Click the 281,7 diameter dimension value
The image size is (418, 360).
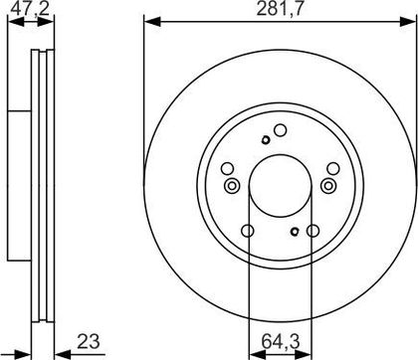tap(280, 9)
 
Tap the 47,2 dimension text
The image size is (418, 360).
tap(30, 8)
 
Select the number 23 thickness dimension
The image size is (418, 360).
tap(89, 341)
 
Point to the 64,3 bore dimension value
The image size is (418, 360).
tap(281, 341)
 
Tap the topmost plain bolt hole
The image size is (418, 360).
tap(281, 130)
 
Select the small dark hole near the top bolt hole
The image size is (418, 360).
tap(265, 140)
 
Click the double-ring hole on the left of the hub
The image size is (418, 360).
tap(232, 186)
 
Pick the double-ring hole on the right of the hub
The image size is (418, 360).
tap(328, 186)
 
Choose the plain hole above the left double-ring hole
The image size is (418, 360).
tap(228, 169)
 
